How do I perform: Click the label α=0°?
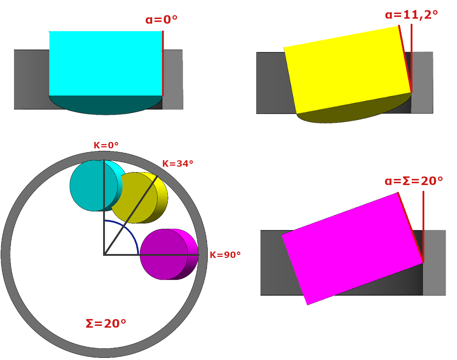click(x=161, y=19)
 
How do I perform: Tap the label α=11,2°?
click(x=411, y=15)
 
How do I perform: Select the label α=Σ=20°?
click(x=414, y=181)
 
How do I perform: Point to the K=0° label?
click(x=106, y=145)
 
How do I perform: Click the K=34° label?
click(x=178, y=164)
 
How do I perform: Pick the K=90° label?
click(x=225, y=255)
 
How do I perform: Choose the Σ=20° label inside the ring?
click(x=106, y=324)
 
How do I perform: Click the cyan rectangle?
click(x=106, y=63)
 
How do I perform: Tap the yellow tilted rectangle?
click(x=348, y=70)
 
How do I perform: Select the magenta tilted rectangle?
click(x=352, y=249)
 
